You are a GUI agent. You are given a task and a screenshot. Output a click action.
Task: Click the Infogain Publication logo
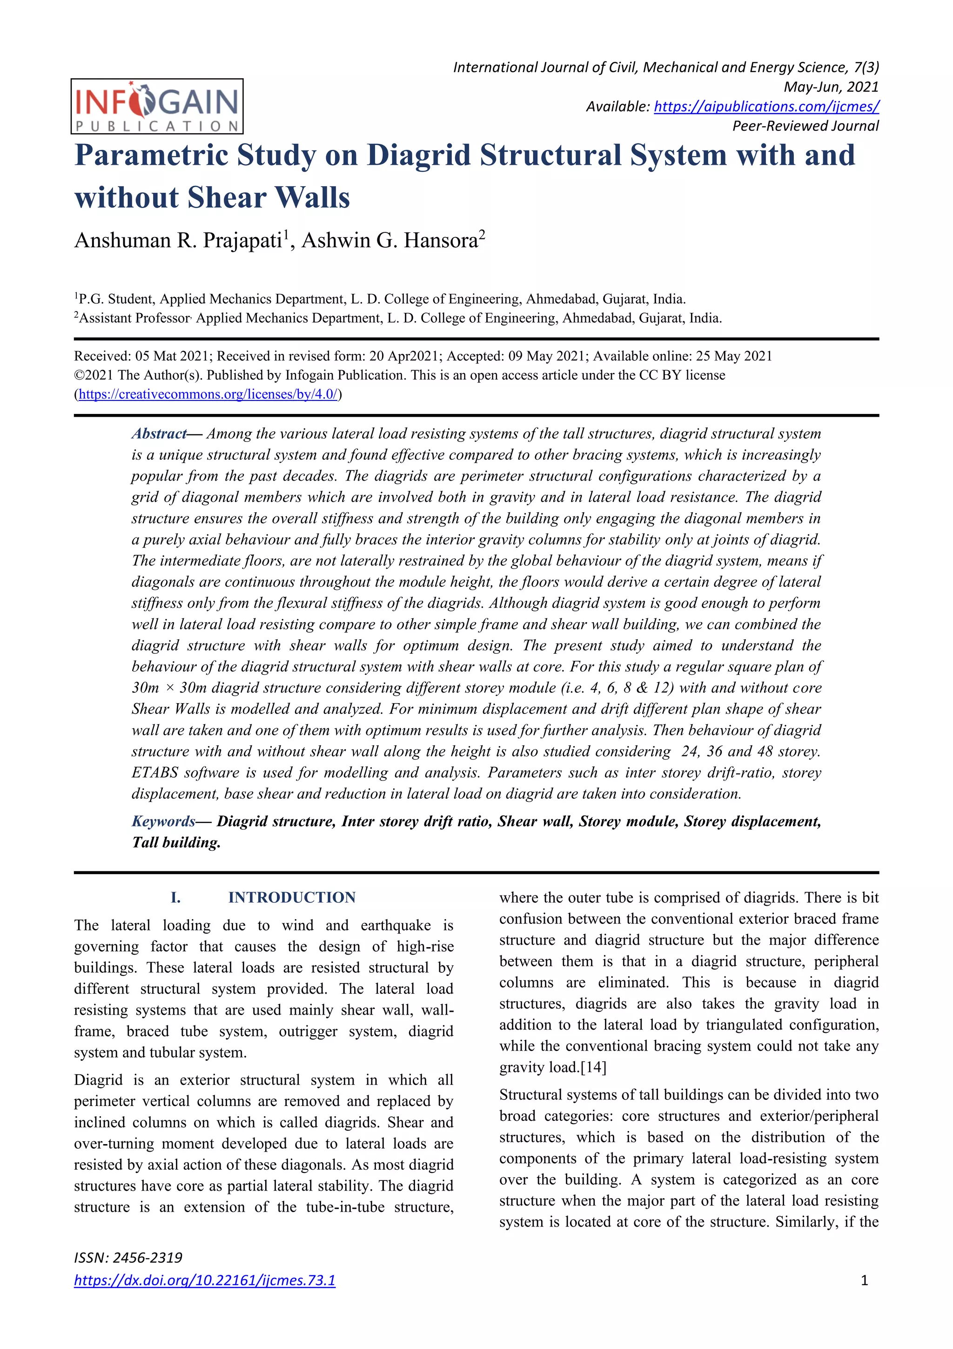tap(157, 106)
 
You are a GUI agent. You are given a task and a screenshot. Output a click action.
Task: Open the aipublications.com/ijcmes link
tap(766, 106)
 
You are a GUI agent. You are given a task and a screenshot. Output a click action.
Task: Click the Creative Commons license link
tap(208, 394)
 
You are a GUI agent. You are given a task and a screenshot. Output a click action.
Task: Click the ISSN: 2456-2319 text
tap(128, 1257)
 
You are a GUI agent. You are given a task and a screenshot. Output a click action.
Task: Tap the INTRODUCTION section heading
tap(292, 897)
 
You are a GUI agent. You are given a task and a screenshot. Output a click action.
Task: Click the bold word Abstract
tap(159, 434)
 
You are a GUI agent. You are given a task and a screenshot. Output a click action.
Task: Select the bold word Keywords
tap(163, 821)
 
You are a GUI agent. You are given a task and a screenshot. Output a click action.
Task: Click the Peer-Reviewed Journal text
tap(805, 126)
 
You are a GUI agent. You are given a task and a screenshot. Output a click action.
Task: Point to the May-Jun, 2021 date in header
tap(831, 87)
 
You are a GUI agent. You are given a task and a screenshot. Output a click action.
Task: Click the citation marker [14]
tap(593, 1067)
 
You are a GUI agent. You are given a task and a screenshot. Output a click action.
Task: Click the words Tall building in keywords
tap(175, 842)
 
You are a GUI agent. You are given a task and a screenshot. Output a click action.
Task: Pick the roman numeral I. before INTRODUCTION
tap(175, 897)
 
